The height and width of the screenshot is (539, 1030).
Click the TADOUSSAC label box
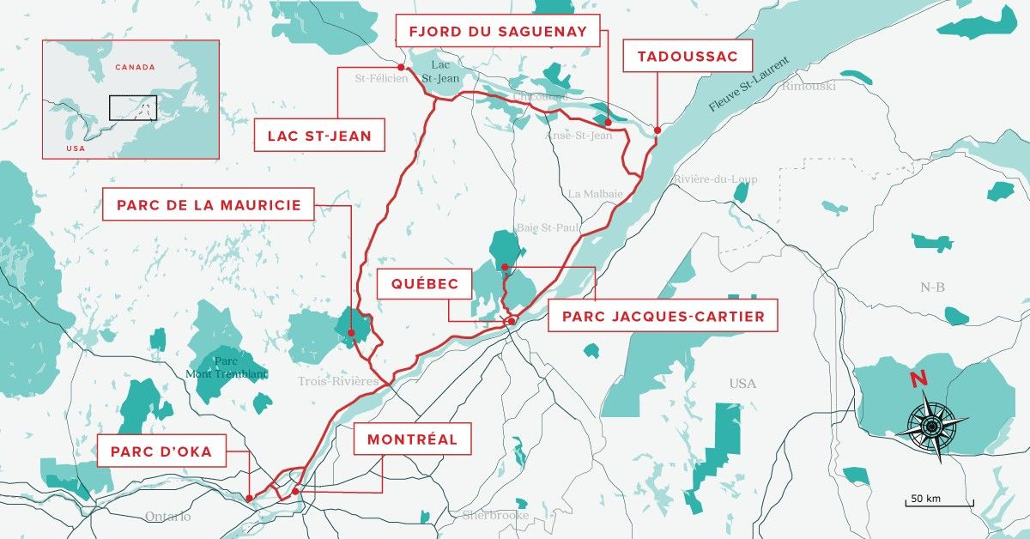(694, 58)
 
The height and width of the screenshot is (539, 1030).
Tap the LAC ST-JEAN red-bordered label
(318, 135)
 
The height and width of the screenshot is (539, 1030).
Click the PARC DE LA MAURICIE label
(209, 205)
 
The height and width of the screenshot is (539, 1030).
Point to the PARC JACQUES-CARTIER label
(663, 316)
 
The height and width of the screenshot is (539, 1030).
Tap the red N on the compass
(918, 379)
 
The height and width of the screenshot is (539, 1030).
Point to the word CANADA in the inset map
(135, 67)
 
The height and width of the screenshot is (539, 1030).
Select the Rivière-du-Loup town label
(715, 179)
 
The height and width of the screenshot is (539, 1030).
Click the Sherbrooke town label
(495, 515)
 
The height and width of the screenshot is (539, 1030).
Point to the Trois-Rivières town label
(338, 380)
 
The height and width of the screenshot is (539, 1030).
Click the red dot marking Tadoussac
(657, 130)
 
